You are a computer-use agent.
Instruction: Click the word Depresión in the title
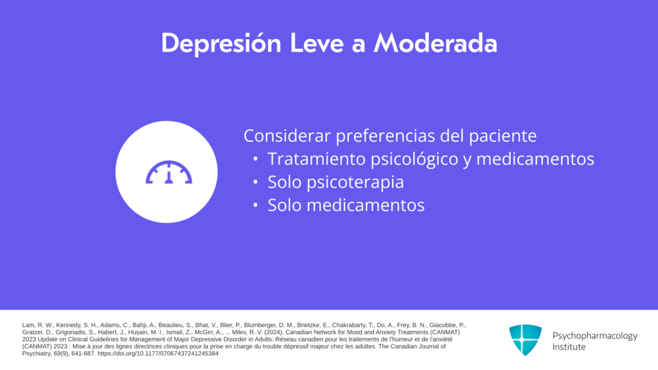[x=221, y=43]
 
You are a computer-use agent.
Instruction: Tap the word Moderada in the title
[x=436, y=43]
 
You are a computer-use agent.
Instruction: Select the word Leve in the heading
[x=317, y=43]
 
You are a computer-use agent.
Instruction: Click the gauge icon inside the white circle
[x=169, y=172]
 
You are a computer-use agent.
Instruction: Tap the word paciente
[x=502, y=136]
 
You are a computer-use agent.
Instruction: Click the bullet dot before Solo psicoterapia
[x=255, y=182]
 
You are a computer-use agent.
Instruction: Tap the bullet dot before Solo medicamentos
[x=255, y=206]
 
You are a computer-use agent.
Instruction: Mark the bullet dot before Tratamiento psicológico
[x=255, y=159]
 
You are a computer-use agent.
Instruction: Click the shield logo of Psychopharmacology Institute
[x=526, y=340]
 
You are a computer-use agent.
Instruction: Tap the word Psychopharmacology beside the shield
[x=594, y=336]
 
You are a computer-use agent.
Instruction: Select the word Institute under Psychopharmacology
[x=569, y=347]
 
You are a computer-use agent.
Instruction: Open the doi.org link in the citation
[x=158, y=354]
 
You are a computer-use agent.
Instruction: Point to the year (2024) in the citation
[x=274, y=332]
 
